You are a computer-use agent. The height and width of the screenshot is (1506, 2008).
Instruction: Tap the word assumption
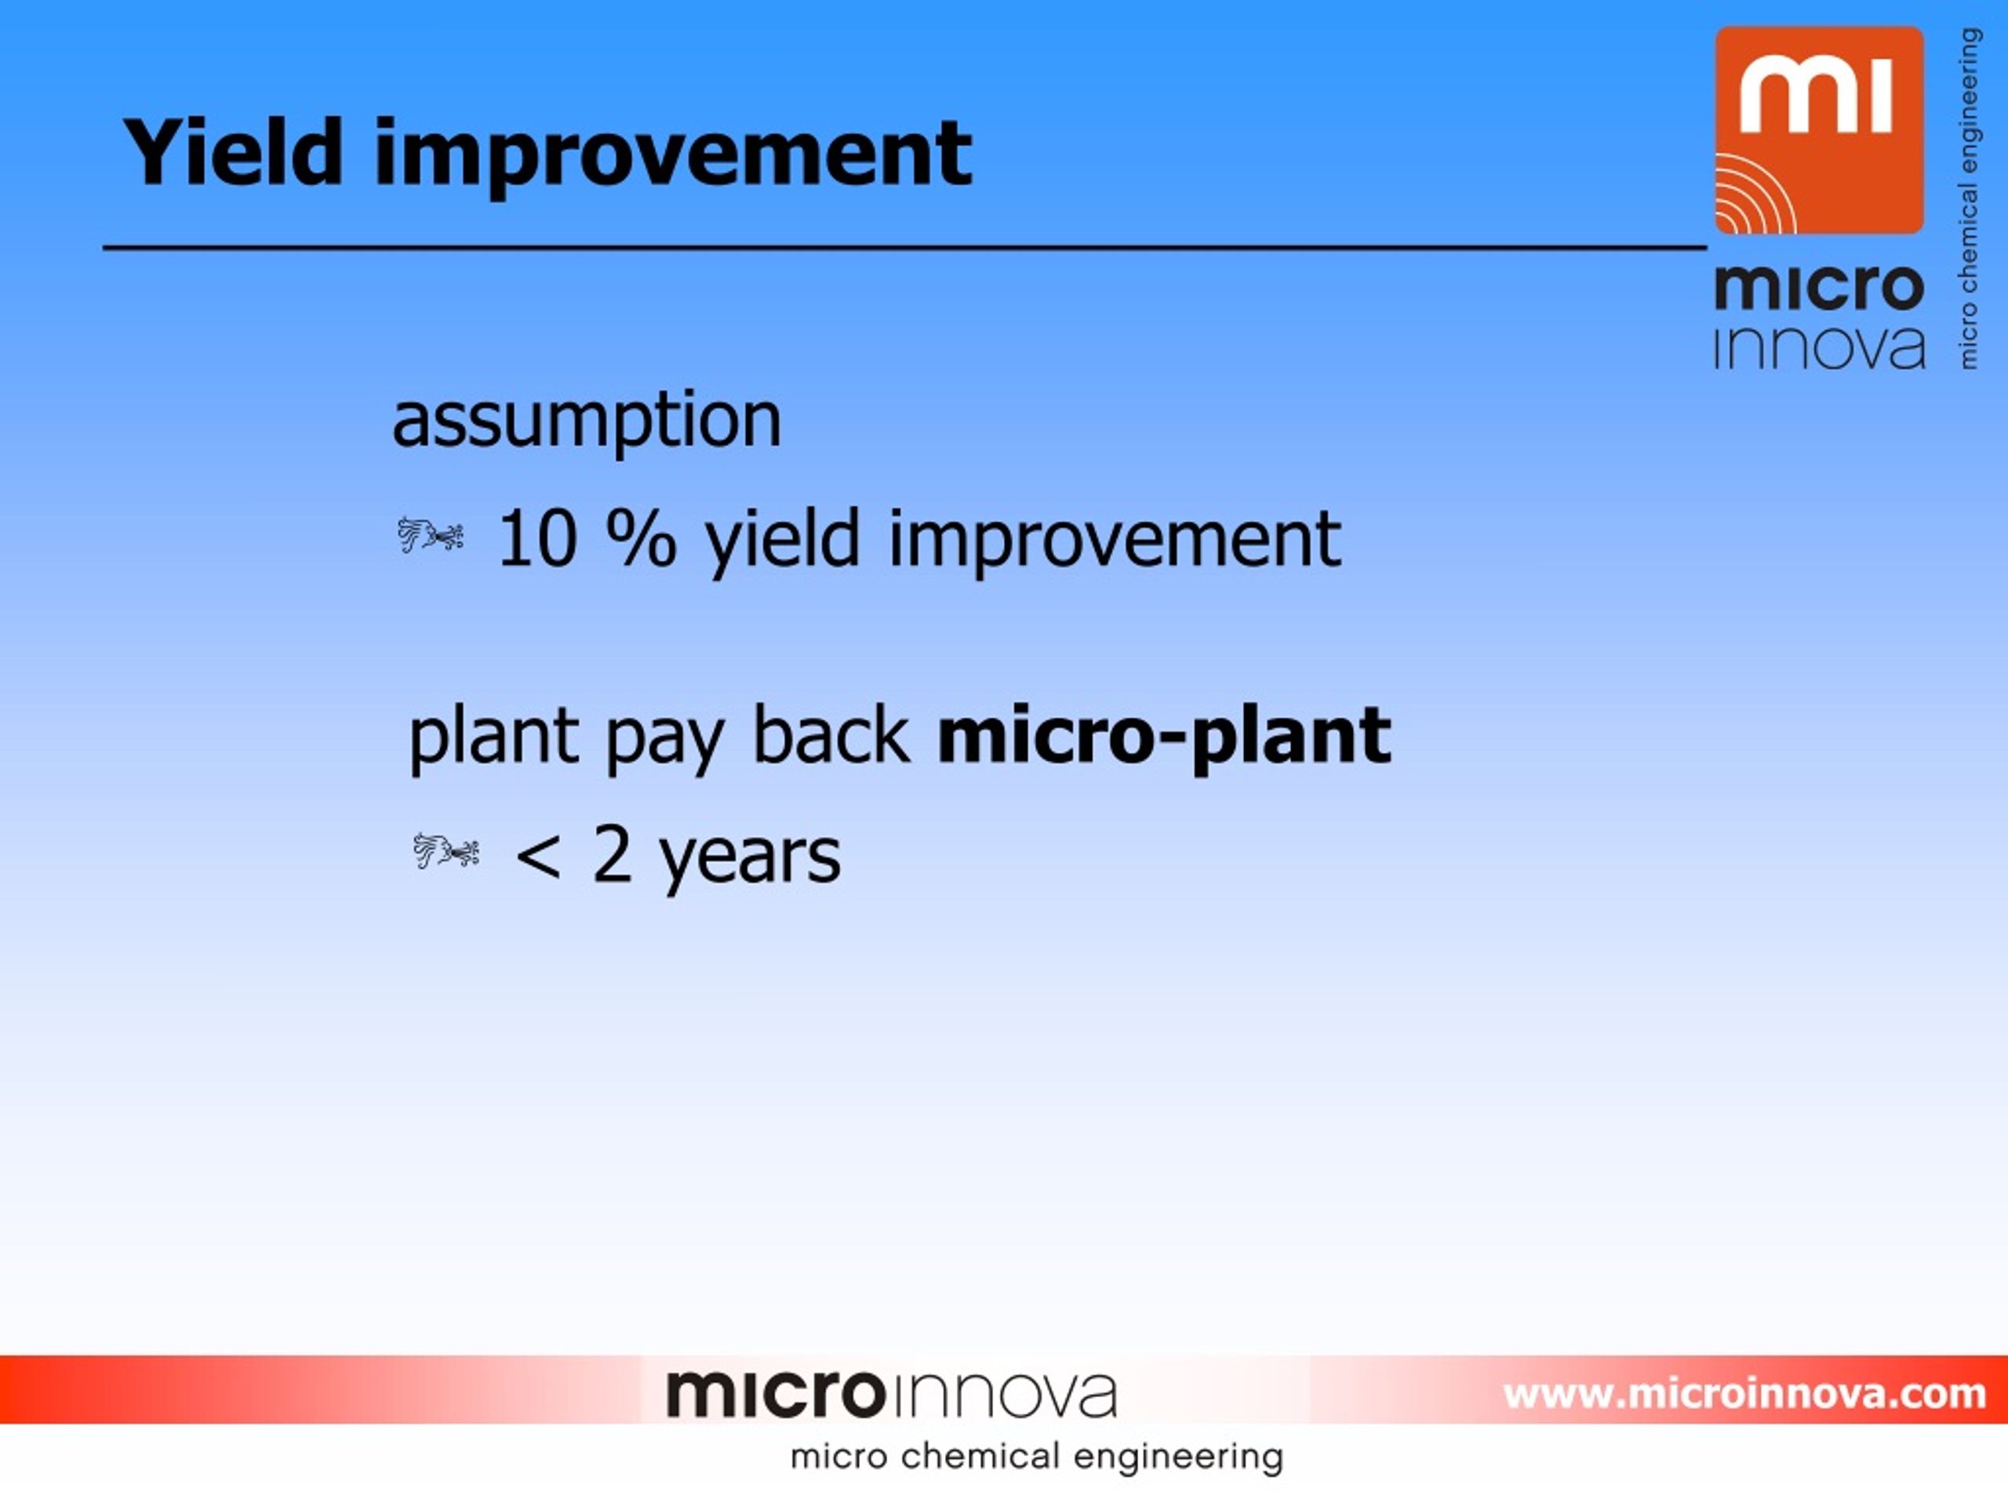[x=587, y=422]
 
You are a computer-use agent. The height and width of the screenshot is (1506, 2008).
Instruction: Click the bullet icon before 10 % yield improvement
[x=431, y=535]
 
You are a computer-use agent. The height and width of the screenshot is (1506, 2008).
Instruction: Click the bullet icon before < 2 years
[x=446, y=852]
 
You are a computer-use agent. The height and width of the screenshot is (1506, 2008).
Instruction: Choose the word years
[x=750, y=859]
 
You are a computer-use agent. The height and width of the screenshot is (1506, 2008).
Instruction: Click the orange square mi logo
[x=1819, y=129]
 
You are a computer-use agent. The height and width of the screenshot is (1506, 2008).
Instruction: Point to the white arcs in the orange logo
[x=1754, y=195]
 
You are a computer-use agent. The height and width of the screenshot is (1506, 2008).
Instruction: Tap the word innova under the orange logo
[x=1819, y=347]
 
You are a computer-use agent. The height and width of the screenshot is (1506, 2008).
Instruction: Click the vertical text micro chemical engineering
[x=1968, y=198]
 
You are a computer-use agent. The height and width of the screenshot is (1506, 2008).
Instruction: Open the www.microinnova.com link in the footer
[x=1744, y=1393]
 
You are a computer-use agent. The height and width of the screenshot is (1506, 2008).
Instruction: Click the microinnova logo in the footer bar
[x=891, y=1395]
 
